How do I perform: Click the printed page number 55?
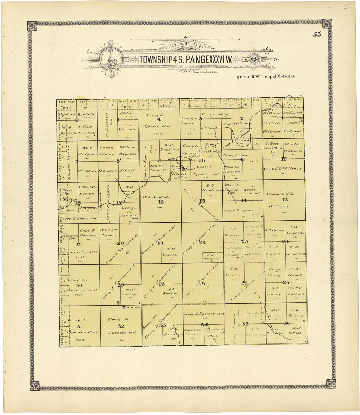point(317,34)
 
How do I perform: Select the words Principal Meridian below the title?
point(276,76)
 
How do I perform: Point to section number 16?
point(161,202)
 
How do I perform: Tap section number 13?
point(284,200)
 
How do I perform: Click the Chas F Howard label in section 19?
point(87,233)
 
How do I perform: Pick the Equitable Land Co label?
point(159,168)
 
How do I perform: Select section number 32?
point(121,326)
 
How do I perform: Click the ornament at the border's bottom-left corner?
point(34,386)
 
